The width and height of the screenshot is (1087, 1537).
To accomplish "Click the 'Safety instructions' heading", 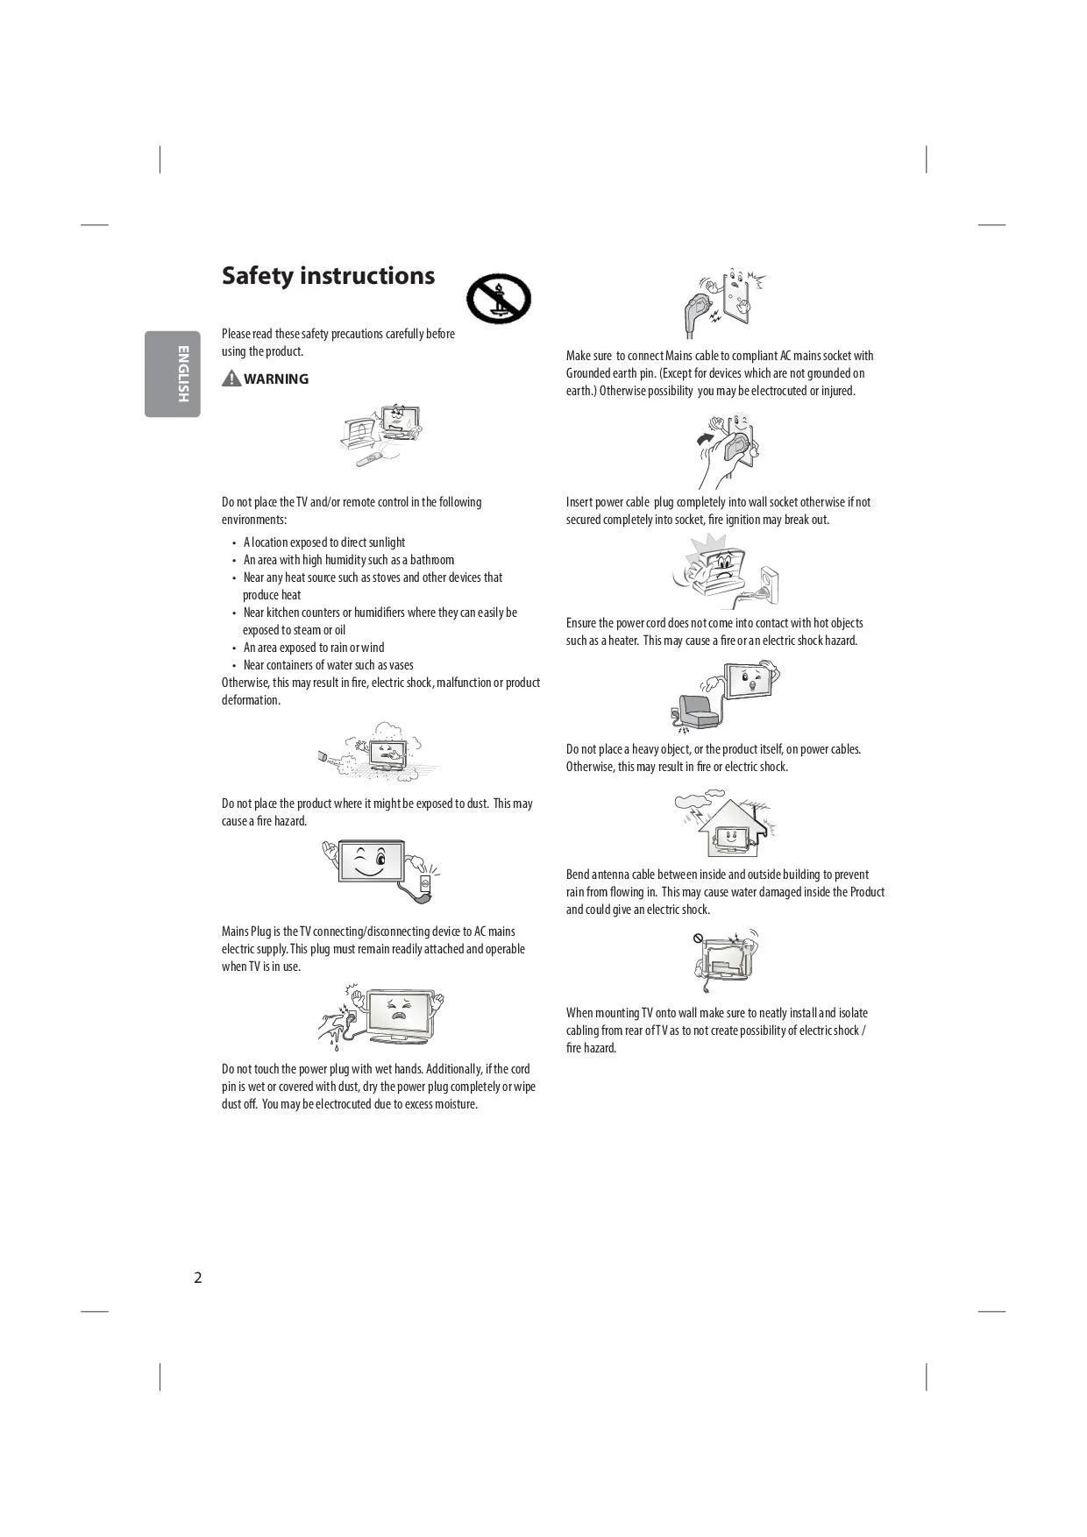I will pyautogui.click(x=328, y=276).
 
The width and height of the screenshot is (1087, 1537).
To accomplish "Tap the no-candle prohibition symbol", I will pyautogui.click(x=498, y=299).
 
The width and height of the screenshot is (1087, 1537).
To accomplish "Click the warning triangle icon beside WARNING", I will pyautogui.click(x=231, y=379).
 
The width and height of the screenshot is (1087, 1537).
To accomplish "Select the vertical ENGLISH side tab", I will pyautogui.click(x=173, y=373).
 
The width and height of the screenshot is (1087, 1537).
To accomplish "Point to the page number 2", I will pyautogui.click(x=198, y=1278).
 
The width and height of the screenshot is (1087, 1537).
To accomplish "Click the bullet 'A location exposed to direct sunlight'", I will pyautogui.click(x=323, y=542).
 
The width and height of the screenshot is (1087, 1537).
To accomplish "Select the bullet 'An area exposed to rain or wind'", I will pyautogui.click(x=313, y=648).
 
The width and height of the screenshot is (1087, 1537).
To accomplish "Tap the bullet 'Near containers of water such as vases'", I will pyautogui.click(x=328, y=665).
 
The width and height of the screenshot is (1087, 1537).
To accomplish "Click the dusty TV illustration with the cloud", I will pyautogui.click(x=378, y=751).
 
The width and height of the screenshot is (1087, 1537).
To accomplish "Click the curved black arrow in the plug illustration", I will pyautogui.click(x=706, y=436).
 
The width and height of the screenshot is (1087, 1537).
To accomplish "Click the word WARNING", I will pyautogui.click(x=276, y=379).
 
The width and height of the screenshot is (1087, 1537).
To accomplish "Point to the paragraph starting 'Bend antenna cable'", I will pyautogui.click(x=725, y=892).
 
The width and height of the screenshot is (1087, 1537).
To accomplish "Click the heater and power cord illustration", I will pyautogui.click(x=724, y=573).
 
